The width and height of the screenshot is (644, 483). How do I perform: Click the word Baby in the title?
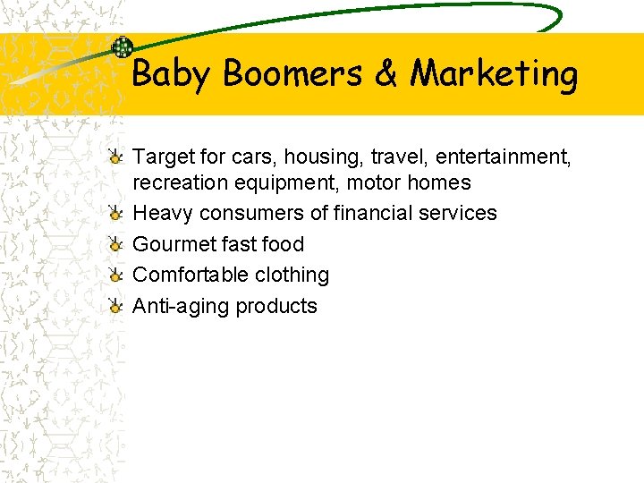[x=171, y=73]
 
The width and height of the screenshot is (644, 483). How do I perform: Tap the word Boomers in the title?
[x=293, y=73]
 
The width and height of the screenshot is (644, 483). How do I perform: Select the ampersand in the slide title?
[x=386, y=73]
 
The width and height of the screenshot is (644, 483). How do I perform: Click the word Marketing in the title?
[x=494, y=73]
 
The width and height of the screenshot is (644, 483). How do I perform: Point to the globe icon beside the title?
[x=122, y=47]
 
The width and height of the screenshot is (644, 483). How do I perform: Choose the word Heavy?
[x=163, y=214]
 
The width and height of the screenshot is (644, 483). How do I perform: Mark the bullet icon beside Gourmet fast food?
[x=116, y=244]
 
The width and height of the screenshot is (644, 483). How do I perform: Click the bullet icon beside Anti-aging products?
[x=116, y=306]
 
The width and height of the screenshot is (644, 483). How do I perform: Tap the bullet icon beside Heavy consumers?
[x=116, y=214]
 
